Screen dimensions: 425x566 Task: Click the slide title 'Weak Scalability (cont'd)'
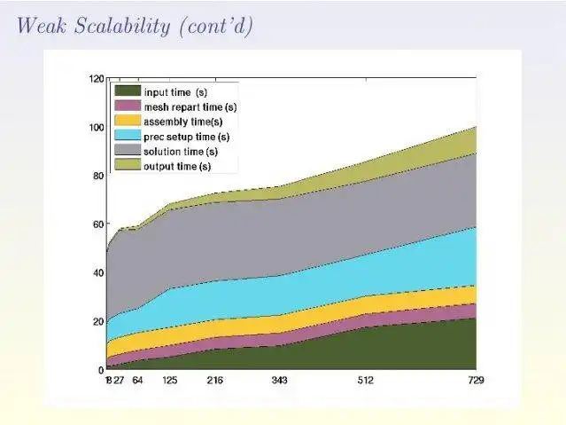click(135, 26)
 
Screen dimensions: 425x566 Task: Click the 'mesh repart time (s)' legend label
click(190, 106)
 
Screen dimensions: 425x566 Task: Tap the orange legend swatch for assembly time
click(128, 122)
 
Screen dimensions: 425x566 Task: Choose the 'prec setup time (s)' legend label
click(186, 137)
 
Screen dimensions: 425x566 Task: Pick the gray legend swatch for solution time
click(128, 152)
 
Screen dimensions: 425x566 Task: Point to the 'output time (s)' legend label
click(177, 166)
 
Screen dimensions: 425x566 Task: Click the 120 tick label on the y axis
click(96, 78)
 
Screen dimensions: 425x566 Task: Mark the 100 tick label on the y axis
click(96, 127)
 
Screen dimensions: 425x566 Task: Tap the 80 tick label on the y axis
click(97, 176)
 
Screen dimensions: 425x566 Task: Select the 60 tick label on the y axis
click(97, 224)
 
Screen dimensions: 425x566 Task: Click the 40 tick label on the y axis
click(97, 272)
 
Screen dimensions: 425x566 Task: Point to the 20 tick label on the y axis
click(97, 321)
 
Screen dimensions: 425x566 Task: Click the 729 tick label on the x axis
click(477, 381)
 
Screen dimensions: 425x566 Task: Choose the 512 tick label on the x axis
click(366, 381)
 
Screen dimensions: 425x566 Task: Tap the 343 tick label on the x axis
click(280, 381)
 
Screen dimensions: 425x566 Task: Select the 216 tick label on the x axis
click(215, 381)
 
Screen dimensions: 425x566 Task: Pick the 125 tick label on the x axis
click(169, 381)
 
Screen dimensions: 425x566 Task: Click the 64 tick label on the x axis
click(138, 381)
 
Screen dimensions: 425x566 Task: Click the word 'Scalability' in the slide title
click(120, 26)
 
